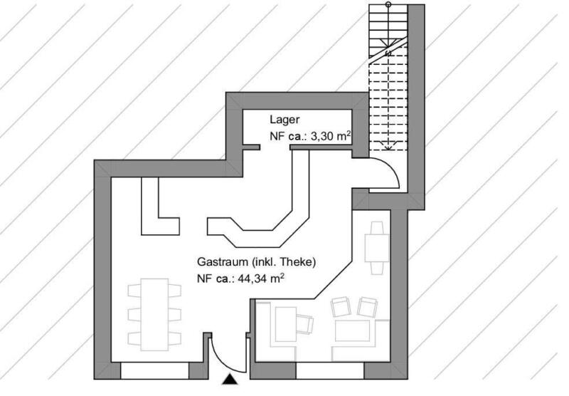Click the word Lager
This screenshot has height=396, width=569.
[x=284, y=120]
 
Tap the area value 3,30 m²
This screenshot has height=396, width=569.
[x=331, y=136]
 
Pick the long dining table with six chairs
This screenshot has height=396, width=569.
[x=154, y=314]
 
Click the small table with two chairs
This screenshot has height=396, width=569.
[x=377, y=248]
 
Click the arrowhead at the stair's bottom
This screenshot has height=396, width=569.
[x=388, y=147]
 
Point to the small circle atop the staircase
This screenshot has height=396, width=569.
[x=388, y=4]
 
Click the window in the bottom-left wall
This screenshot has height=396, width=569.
[x=154, y=370]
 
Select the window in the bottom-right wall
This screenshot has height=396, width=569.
[x=330, y=370]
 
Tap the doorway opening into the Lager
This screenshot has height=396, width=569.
[x=275, y=147]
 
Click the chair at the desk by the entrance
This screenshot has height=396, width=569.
[x=305, y=323]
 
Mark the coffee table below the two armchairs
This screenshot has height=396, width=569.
[x=352, y=330]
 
